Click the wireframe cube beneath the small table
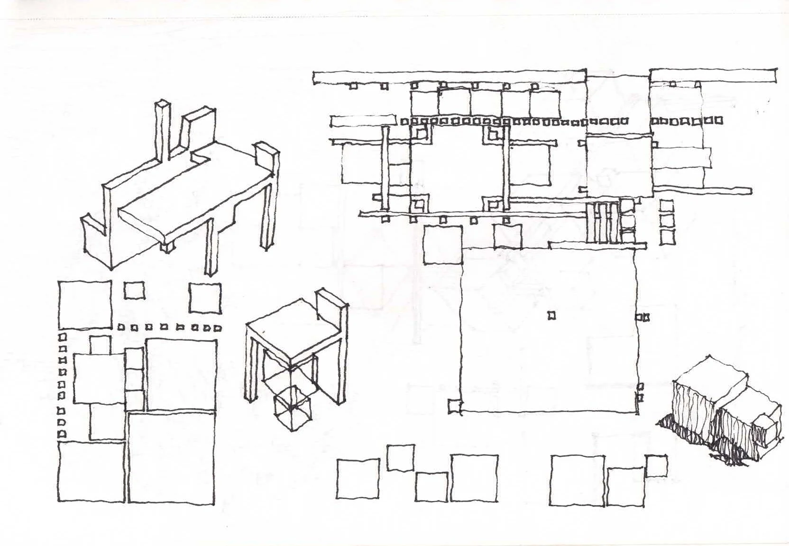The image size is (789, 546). [x=292, y=408]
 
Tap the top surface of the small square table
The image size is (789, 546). [x=294, y=332]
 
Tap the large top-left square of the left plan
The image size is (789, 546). [x=85, y=305]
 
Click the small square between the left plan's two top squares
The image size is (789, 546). [x=135, y=291]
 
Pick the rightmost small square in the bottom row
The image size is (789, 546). [x=656, y=465]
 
